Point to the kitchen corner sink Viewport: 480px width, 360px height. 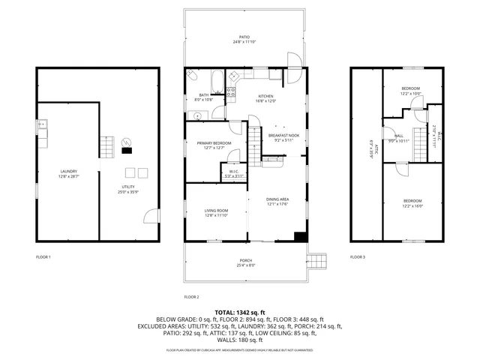[234, 74]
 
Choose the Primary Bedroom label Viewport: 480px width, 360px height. [214, 142]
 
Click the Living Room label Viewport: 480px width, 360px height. [216, 211]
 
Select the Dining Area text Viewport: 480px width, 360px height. [277, 199]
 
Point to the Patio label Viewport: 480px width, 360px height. [244, 36]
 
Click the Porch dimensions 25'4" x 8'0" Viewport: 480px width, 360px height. [246, 265]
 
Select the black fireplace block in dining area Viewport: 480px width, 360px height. [301, 237]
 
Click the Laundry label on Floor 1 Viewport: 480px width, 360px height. [69, 172]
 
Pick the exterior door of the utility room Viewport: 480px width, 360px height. [151, 217]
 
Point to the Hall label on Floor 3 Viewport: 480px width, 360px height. [393, 136]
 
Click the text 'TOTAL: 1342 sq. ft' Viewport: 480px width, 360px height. [240, 312]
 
